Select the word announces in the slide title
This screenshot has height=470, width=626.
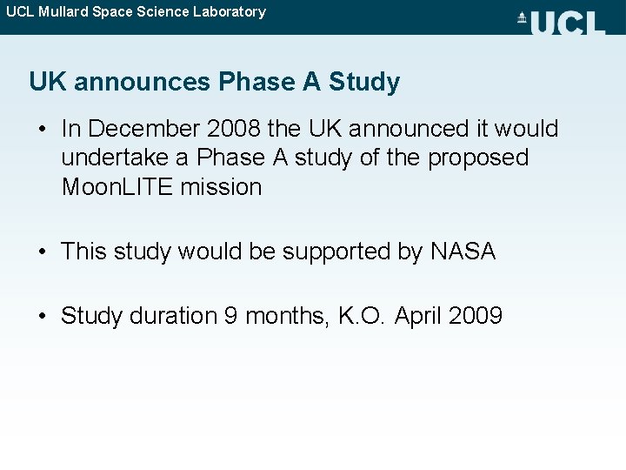143,82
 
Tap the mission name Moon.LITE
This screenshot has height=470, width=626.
118,186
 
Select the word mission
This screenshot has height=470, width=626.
221,186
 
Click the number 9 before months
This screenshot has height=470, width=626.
230,315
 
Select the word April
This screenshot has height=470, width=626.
418,315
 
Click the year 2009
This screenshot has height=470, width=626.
476,315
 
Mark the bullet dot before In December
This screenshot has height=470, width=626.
42,130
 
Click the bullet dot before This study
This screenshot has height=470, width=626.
42,252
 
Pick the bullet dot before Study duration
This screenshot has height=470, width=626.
42,316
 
